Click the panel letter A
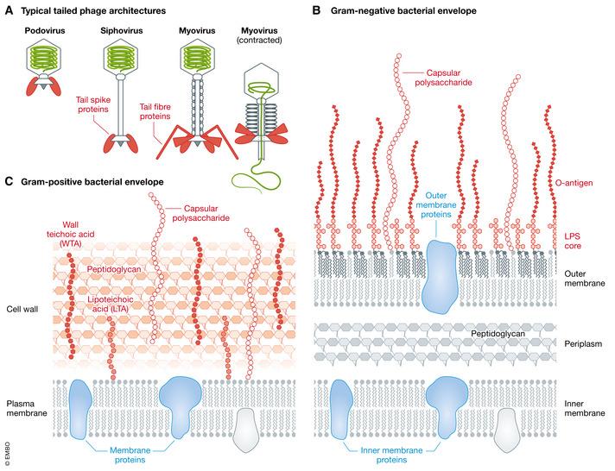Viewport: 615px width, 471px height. coord(9,9)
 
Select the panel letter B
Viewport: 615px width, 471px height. coord(316,9)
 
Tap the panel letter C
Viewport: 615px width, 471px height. coord(9,182)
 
